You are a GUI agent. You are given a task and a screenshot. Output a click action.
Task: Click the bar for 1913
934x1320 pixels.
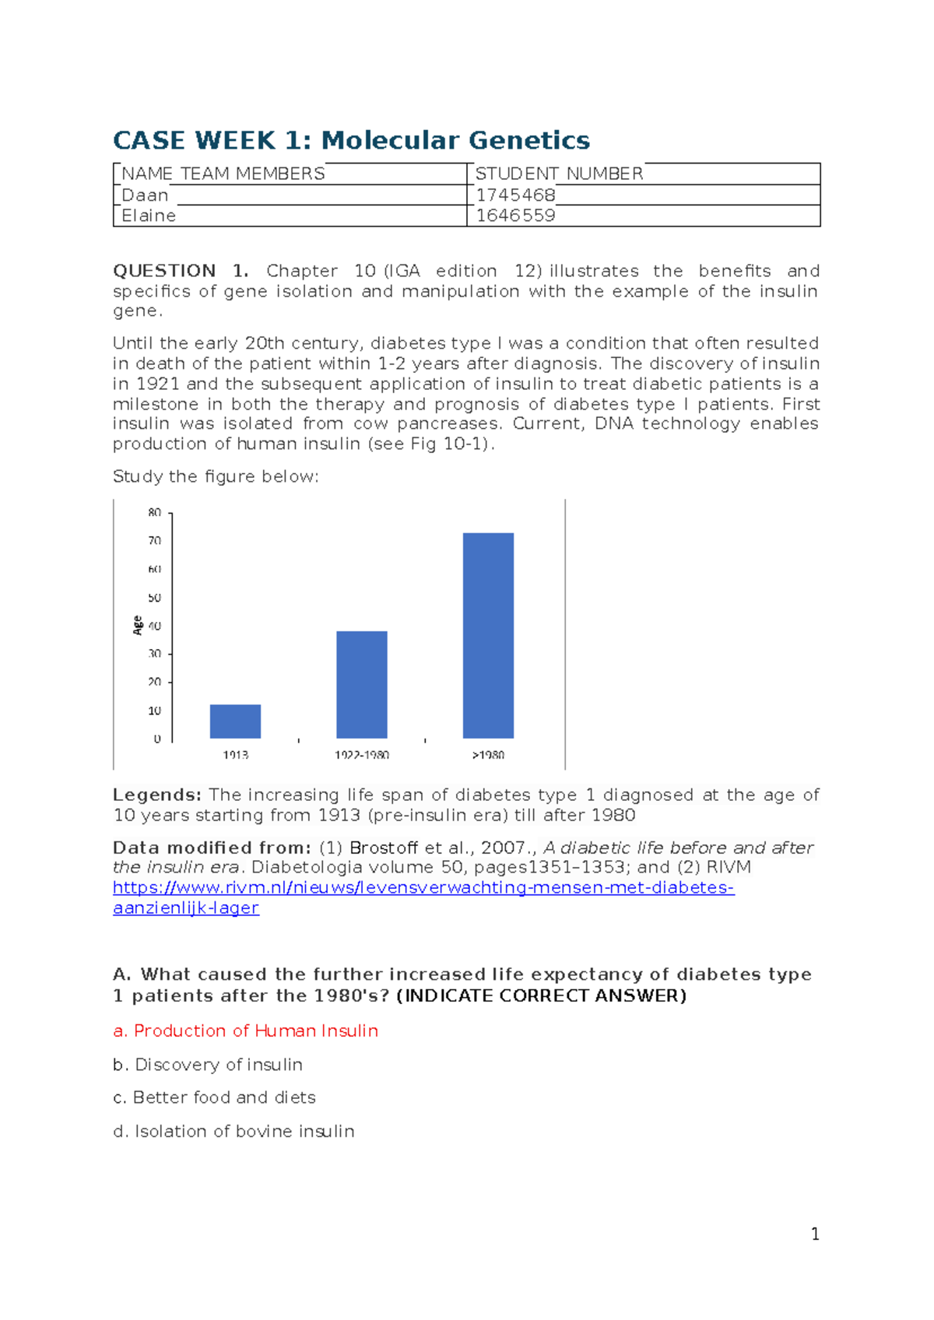pos(235,721)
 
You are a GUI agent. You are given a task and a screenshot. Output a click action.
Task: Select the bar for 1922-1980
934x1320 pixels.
pos(362,685)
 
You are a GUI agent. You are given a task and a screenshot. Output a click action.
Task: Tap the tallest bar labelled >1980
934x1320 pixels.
pos(488,635)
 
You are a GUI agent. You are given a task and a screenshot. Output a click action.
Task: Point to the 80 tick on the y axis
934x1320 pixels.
pos(155,513)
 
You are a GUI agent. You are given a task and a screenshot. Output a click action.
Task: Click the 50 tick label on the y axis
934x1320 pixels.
pos(155,598)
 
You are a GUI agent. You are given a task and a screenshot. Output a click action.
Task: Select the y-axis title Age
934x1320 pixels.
pos(138,625)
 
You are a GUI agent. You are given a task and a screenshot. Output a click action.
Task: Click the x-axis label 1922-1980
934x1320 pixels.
pos(362,755)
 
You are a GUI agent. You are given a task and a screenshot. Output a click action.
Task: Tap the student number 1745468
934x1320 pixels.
pos(515,195)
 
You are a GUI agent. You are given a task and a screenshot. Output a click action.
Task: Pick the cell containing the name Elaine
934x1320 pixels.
pos(149,216)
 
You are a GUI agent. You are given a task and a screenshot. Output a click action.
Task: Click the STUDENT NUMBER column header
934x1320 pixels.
pos(559,174)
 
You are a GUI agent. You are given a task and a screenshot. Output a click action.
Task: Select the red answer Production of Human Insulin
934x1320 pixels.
pos(246,1030)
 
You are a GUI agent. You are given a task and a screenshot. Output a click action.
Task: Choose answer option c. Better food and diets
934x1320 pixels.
pos(214,1097)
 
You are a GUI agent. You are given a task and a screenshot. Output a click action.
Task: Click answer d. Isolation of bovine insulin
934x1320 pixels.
pos(233,1131)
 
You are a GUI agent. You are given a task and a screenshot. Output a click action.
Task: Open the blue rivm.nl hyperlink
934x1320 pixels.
pos(423,888)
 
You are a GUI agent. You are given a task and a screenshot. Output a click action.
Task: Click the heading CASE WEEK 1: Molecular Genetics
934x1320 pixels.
pos(351,140)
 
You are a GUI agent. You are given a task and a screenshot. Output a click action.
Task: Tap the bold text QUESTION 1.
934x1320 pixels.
pos(180,271)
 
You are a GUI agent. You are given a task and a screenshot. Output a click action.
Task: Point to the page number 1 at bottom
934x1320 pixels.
pos(815,1234)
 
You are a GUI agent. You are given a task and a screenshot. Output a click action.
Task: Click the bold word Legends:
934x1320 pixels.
pos(156,795)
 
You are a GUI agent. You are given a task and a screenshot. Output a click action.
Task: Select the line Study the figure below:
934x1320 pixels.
pos(216,476)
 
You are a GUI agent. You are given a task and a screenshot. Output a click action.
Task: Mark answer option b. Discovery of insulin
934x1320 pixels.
pos(208,1064)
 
